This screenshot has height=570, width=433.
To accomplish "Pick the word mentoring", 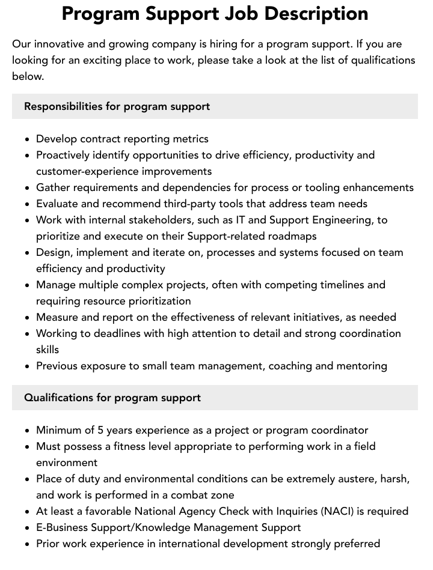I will pyautogui.click(x=362, y=366).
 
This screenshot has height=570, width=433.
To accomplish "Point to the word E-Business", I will pyautogui.click(x=63, y=527).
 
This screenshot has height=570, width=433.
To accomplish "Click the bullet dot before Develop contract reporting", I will pyautogui.click(x=28, y=139).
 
